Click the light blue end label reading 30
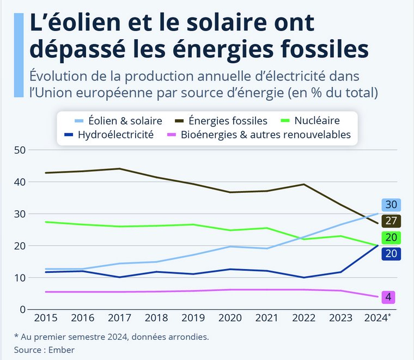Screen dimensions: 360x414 click(x=391, y=205)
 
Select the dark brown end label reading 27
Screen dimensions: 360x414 click(x=391, y=221)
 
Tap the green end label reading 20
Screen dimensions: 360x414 click(x=391, y=237)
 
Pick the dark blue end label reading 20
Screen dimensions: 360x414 click(x=391, y=253)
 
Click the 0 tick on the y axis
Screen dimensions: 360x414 click(x=22, y=310)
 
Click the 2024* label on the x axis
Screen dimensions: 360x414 click(x=377, y=318)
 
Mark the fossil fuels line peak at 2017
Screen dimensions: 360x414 click(x=120, y=168)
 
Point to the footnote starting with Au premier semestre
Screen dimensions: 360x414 click(x=111, y=337)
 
